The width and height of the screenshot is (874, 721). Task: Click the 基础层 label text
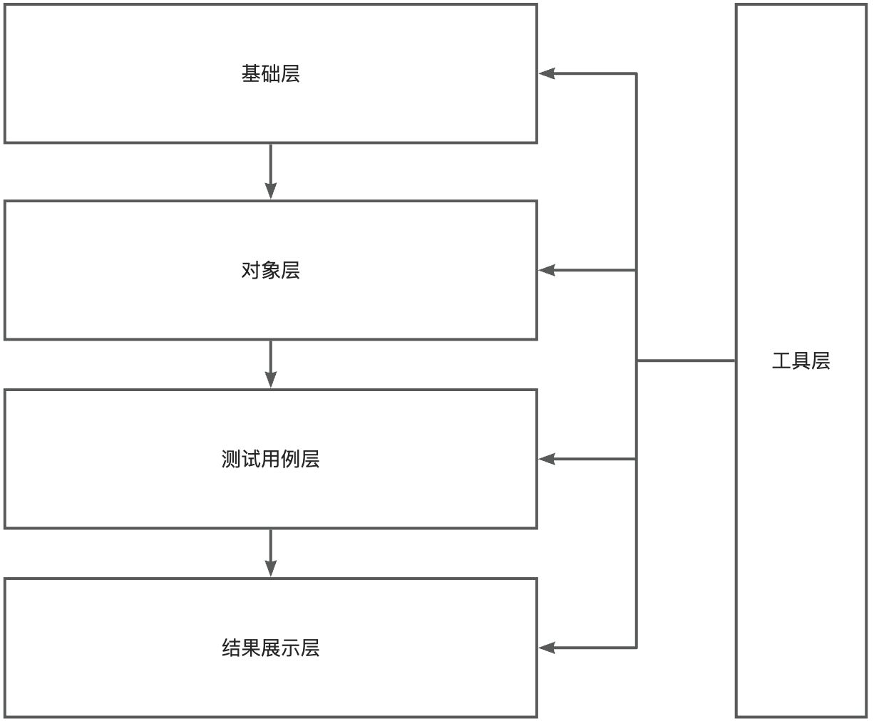coord(270,73)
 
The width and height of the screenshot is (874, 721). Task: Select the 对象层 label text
coord(270,270)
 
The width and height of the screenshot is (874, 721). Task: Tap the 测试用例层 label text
coord(270,459)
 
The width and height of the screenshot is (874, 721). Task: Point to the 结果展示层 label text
coord(270,648)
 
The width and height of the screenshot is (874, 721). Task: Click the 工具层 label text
coord(801,360)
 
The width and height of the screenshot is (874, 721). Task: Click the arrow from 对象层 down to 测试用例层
coord(270,363)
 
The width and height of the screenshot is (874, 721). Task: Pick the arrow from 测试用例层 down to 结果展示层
coord(270,552)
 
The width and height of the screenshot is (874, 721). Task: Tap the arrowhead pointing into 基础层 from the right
coord(547,73)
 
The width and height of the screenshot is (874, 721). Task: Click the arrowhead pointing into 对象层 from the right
coord(547,270)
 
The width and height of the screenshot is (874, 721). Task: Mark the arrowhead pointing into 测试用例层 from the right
coord(547,459)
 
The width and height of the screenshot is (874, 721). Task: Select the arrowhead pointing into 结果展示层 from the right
coord(547,648)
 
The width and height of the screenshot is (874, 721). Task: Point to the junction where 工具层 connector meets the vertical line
coord(637,360)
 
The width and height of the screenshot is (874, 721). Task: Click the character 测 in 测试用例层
coord(231,459)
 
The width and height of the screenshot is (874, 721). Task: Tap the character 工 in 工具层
coord(781,360)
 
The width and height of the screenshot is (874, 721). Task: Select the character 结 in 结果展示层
coord(231,648)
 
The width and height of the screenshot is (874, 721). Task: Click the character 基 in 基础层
coord(251,73)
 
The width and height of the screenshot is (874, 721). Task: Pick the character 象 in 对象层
coord(270,270)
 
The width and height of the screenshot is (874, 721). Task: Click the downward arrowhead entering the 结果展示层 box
coord(270,568)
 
